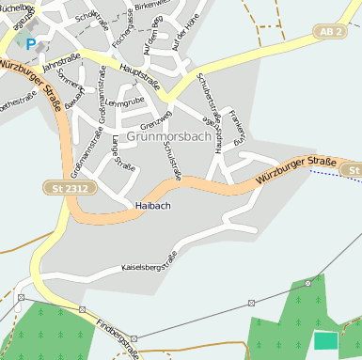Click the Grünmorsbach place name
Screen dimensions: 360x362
pos(174,136)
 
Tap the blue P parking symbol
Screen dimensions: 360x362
pos(31,43)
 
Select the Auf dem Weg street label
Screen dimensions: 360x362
pos(147,39)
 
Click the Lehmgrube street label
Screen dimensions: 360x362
pos(122,102)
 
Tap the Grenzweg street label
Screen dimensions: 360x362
pos(155,122)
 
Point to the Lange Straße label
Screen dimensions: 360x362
pos(123,152)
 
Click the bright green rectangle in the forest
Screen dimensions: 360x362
pos(325,340)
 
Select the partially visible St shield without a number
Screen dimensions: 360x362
pos(352,170)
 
